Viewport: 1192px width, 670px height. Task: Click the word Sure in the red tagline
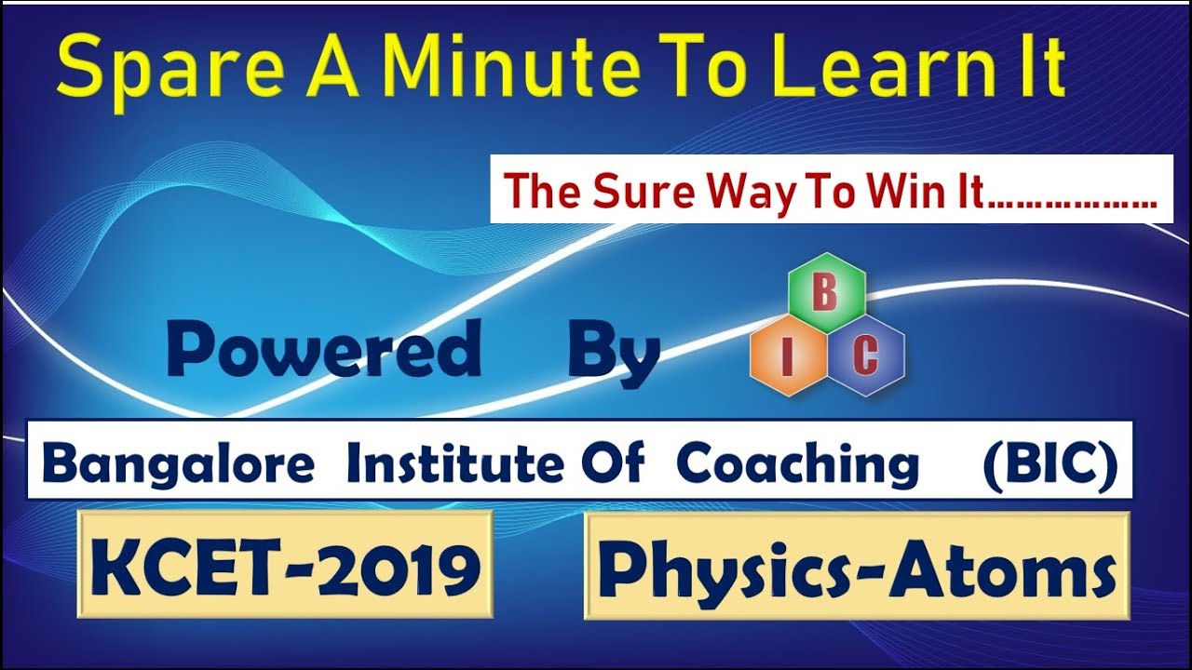[645, 192]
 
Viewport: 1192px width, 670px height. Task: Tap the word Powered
[324, 352]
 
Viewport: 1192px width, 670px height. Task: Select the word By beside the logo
[614, 354]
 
